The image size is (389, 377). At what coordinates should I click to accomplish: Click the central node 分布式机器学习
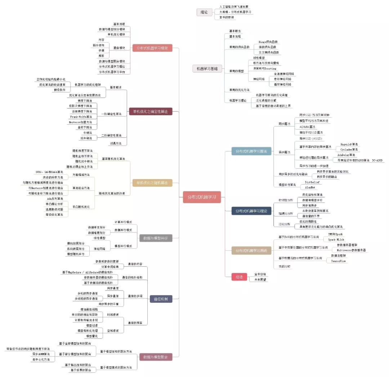pyautogui.click(x=202, y=197)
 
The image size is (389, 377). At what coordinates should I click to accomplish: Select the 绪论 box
pyautogui.click(x=204, y=12)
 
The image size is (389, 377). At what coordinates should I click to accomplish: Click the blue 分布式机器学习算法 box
pyautogui.click(x=251, y=151)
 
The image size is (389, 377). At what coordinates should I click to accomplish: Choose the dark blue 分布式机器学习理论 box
pyautogui.click(x=251, y=211)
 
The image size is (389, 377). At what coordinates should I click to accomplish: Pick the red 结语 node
pyautogui.click(x=239, y=277)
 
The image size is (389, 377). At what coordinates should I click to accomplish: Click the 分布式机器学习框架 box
pyautogui.click(x=152, y=48)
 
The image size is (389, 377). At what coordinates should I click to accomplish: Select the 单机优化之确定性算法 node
pyautogui.click(x=151, y=112)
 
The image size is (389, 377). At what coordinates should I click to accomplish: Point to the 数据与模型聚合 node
pyautogui.click(x=156, y=357)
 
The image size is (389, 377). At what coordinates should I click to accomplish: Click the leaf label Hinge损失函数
pyautogui.click(x=268, y=42)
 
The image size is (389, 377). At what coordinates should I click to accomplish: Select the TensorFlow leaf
pyautogui.click(x=339, y=261)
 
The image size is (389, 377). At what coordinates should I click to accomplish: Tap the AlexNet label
pyautogui.click(x=311, y=187)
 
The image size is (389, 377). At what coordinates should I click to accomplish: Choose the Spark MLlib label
pyautogui.click(x=336, y=239)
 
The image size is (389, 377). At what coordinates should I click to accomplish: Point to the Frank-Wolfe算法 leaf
pyautogui.click(x=81, y=116)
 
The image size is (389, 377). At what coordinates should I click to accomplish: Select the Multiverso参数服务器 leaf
pyautogui.click(x=351, y=250)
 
